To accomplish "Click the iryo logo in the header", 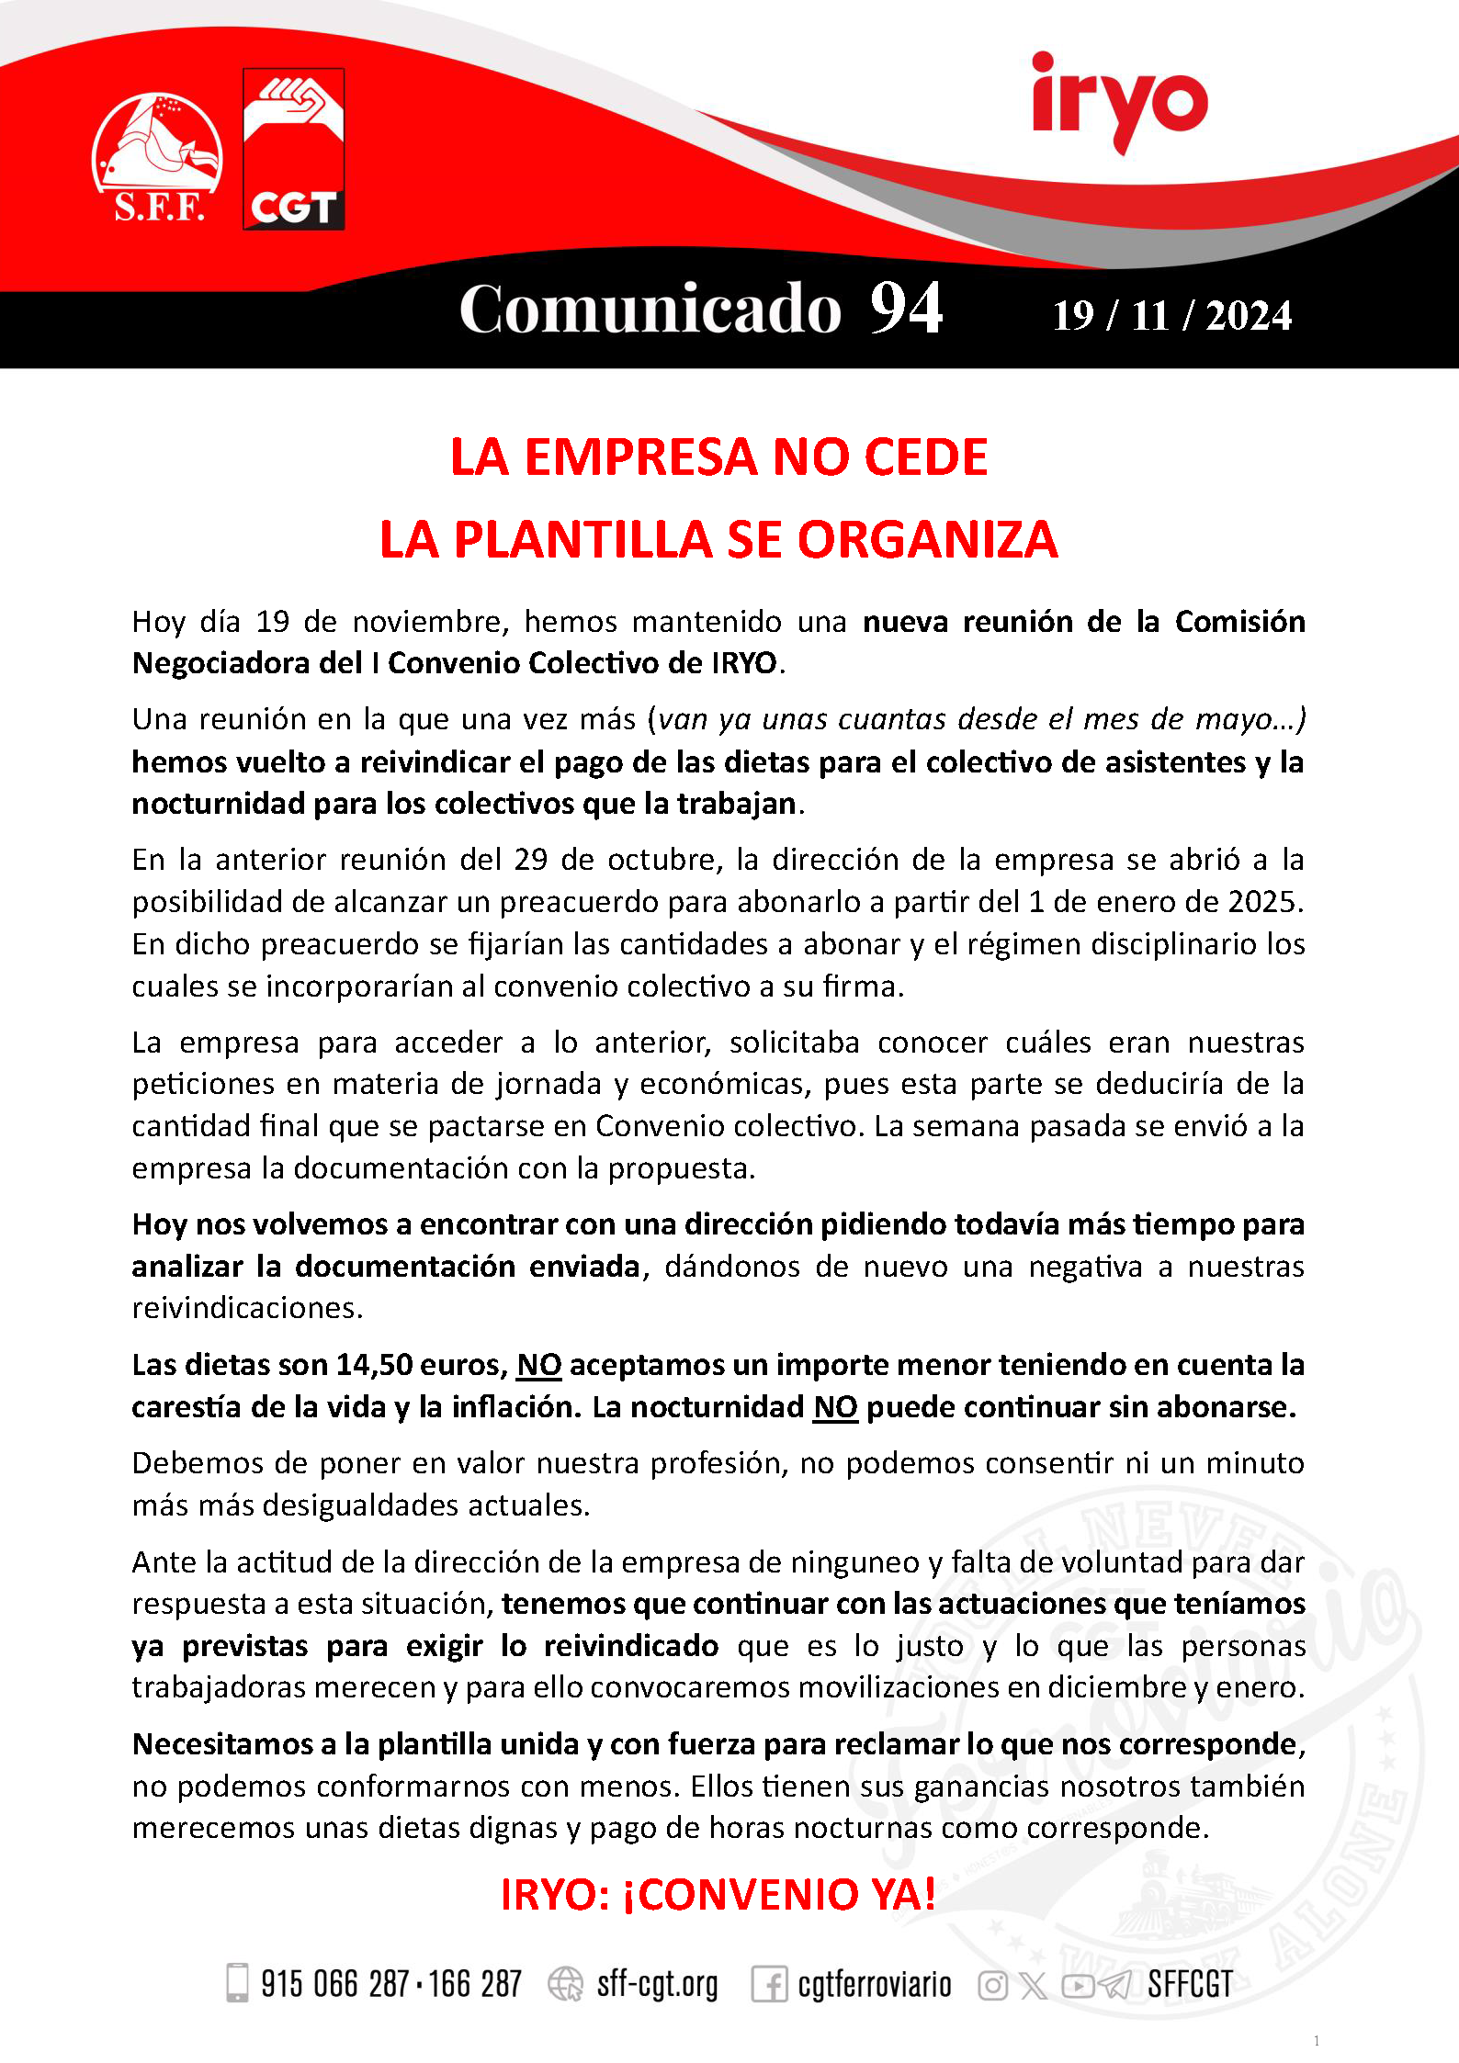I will click(1119, 101).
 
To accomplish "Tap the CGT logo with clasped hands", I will click(293, 149).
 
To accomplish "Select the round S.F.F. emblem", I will click(157, 156).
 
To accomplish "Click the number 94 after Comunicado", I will click(906, 309).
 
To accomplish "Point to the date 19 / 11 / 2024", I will click(1171, 316).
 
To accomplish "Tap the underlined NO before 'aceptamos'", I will click(539, 1365).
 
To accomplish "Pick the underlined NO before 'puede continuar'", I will click(835, 1407).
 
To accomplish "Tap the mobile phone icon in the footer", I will click(237, 1982).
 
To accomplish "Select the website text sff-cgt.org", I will click(657, 1984).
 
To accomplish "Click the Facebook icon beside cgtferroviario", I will click(768, 1984).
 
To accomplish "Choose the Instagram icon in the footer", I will click(992, 1985).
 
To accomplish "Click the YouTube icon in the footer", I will click(1078, 1985).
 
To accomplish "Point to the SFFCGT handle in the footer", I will click(1190, 1984).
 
